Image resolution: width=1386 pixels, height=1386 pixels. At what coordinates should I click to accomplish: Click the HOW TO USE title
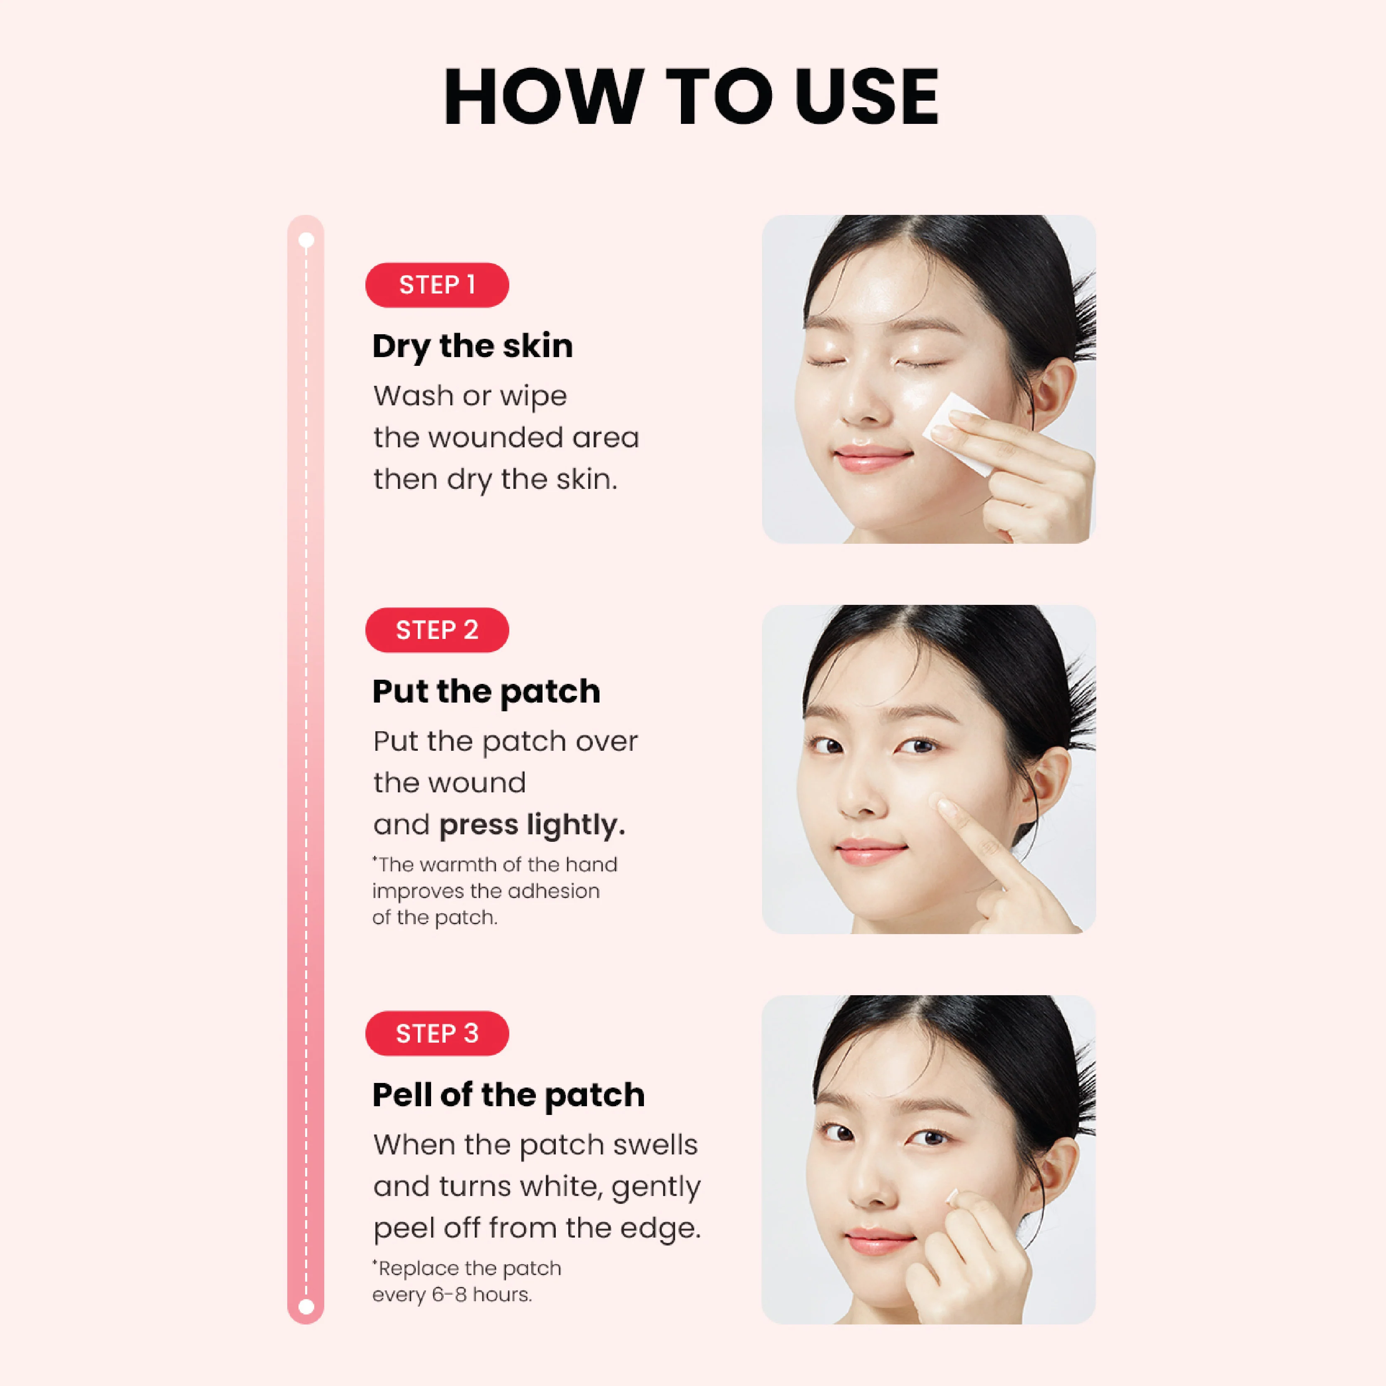[692, 97]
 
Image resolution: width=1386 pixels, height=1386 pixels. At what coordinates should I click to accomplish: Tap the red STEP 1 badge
[437, 285]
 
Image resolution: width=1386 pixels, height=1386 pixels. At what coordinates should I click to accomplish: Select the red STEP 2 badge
[437, 630]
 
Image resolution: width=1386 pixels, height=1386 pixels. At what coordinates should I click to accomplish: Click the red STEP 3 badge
[437, 1033]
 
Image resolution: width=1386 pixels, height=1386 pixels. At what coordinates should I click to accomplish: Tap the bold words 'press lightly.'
[532, 825]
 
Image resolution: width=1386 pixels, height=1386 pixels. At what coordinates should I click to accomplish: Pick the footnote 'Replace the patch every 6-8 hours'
[466, 1281]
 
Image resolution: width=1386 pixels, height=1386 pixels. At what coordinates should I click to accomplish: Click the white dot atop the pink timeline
[306, 240]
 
